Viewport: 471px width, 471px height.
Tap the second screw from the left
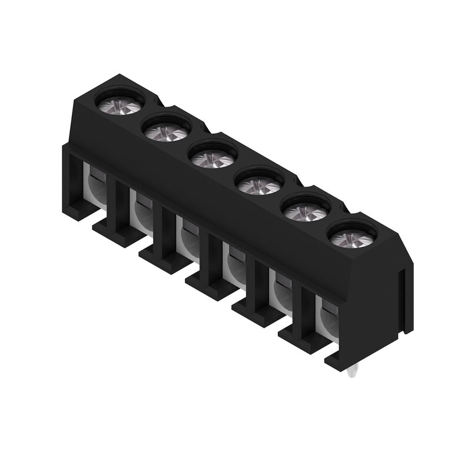165,128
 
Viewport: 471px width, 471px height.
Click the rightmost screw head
353,238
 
